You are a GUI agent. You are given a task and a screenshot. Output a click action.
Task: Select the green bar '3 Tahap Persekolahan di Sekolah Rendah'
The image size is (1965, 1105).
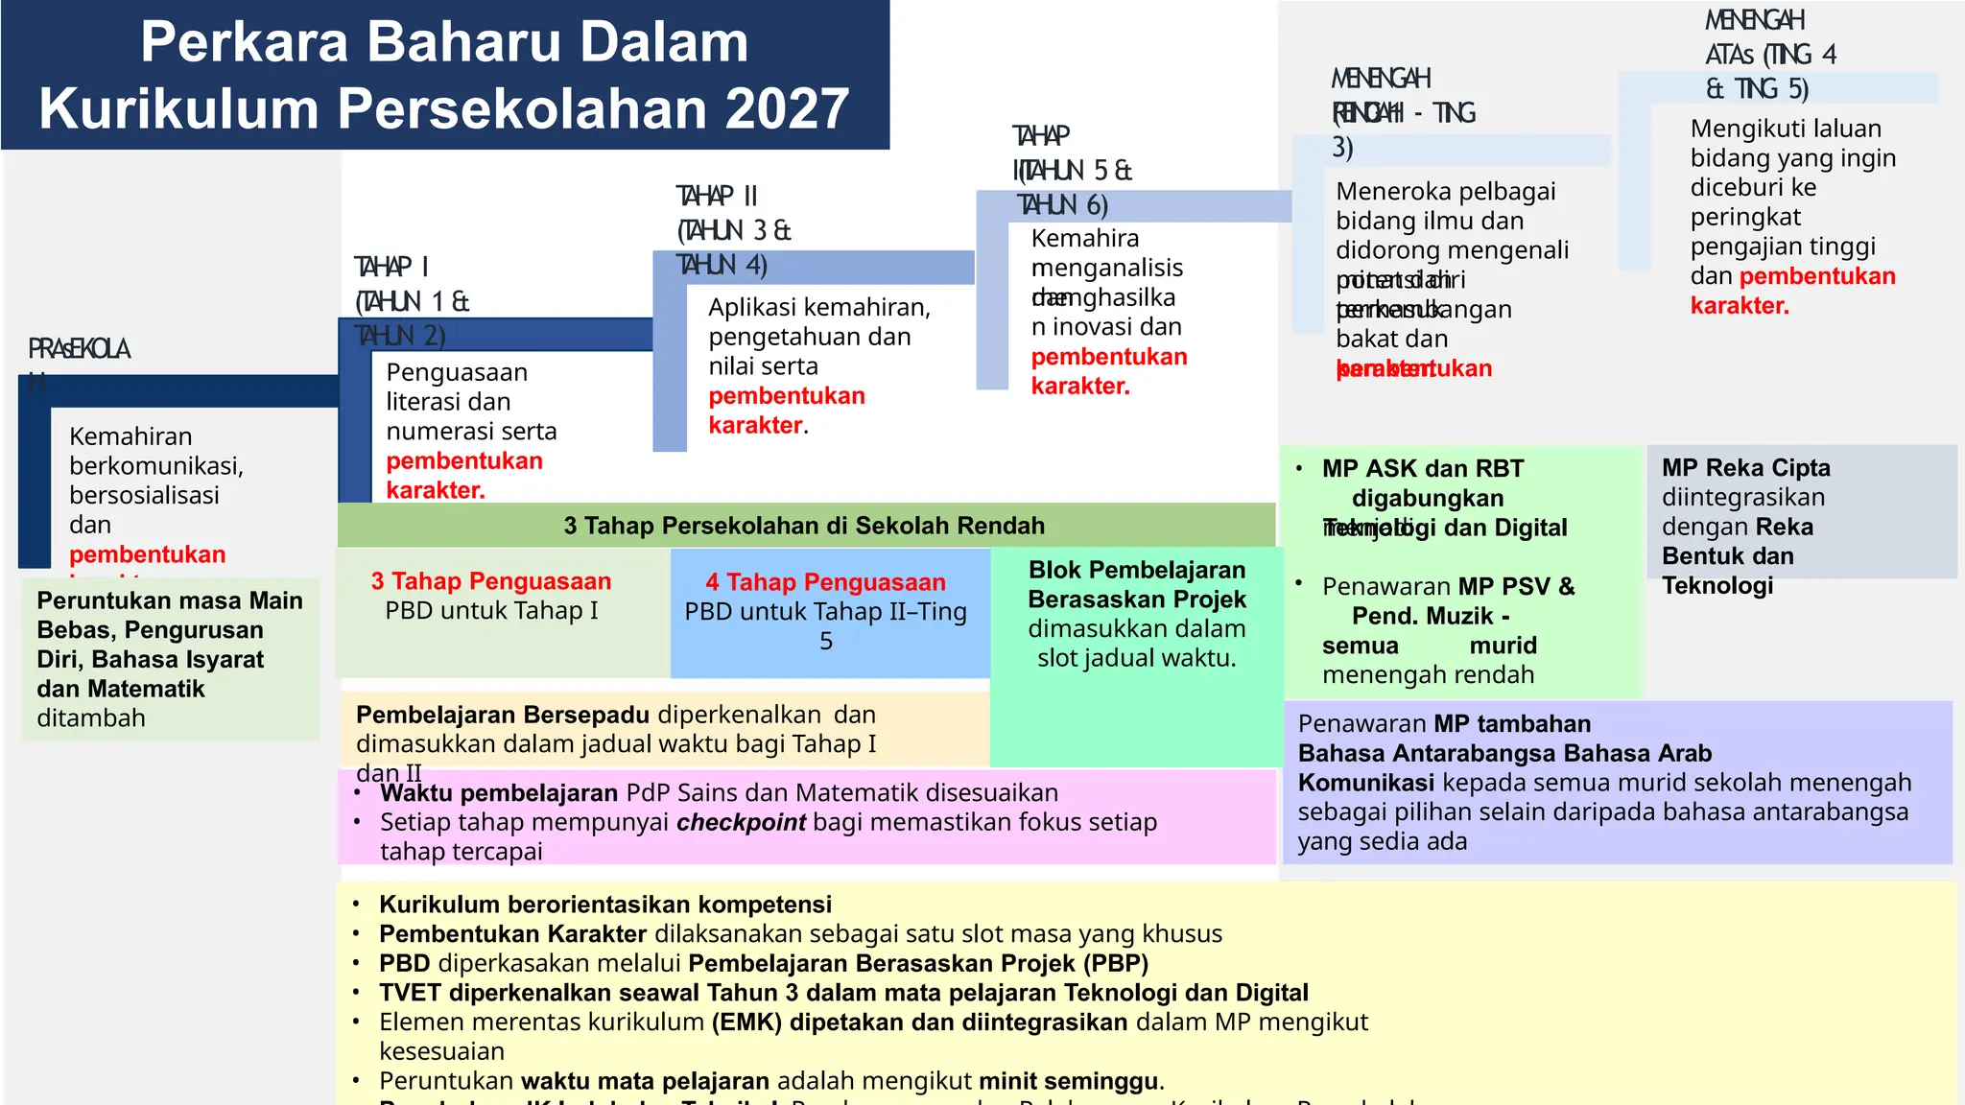tap(804, 526)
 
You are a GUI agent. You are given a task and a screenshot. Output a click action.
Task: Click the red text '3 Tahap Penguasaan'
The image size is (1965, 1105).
tap(491, 581)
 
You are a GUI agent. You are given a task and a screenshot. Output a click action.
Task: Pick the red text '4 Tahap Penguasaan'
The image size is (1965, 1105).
tap(826, 582)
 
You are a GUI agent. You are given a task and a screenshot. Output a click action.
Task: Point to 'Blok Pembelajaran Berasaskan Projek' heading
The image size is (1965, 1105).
tap(1137, 584)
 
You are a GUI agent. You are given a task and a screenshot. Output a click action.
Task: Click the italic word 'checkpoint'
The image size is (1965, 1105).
tap(741, 822)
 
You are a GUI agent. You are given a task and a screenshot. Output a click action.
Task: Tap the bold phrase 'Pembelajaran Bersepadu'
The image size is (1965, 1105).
tap(503, 715)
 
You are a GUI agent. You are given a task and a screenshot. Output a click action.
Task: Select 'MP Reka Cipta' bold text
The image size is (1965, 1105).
tap(1746, 468)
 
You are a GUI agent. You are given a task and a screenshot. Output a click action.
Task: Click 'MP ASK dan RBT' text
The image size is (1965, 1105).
tap(1423, 469)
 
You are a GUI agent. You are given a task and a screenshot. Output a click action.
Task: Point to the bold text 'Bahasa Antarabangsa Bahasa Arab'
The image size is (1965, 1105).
tap(1504, 753)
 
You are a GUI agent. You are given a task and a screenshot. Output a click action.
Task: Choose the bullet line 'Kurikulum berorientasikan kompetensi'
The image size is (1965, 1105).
tap(605, 905)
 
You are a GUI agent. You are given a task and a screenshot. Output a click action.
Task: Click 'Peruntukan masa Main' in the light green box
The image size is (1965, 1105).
tap(170, 600)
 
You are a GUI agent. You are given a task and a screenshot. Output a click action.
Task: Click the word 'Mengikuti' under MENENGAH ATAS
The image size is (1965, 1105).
tap(1744, 129)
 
